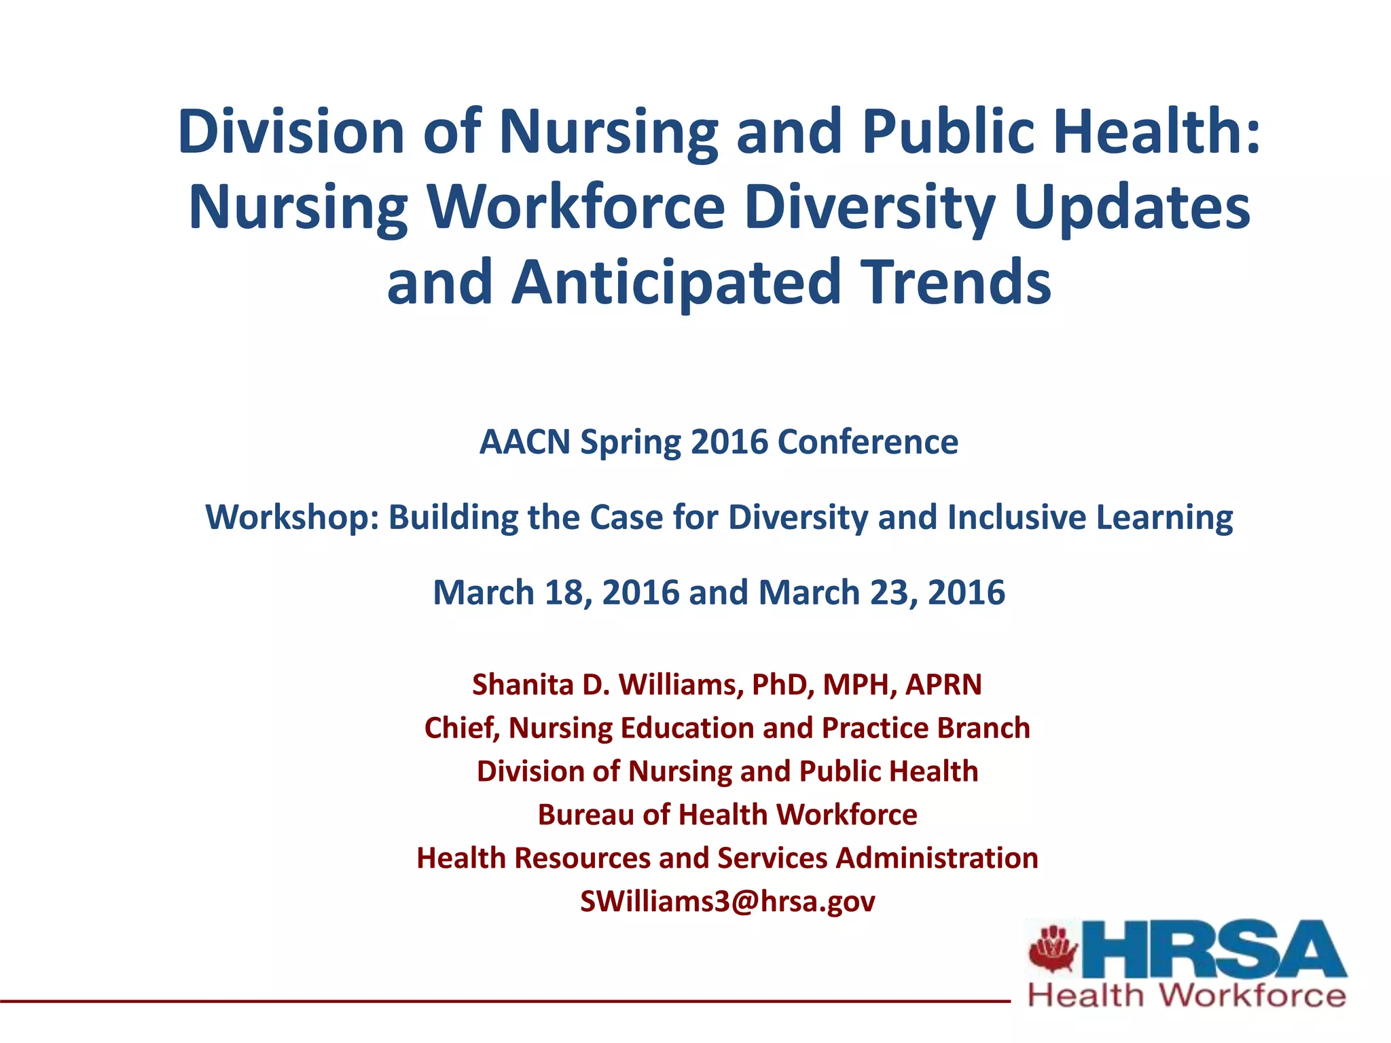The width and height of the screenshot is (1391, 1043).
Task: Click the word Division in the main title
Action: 291,131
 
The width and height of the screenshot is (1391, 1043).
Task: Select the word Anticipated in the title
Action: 676,282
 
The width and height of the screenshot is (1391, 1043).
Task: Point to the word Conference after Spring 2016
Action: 867,442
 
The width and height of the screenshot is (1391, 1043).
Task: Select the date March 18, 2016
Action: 556,592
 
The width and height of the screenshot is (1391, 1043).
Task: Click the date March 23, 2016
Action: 882,592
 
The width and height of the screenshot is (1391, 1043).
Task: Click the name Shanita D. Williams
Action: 603,684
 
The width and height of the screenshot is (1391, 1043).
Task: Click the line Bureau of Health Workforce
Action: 727,815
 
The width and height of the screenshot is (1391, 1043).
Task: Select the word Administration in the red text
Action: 937,858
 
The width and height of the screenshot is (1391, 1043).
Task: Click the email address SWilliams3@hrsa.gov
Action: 727,902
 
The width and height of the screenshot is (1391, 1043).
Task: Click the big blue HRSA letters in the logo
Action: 1212,950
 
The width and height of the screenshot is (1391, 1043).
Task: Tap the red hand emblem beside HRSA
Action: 1052,949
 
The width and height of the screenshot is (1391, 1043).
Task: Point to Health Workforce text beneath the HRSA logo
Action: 1187,996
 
